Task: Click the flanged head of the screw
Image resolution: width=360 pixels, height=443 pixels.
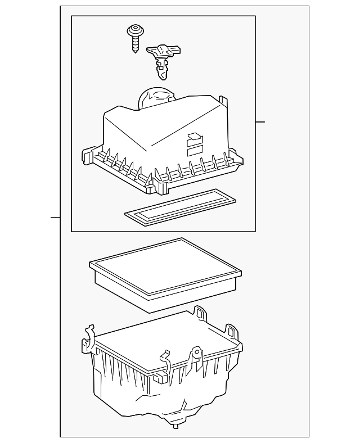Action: click(x=134, y=29)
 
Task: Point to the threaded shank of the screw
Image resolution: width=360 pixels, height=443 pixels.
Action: click(x=135, y=42)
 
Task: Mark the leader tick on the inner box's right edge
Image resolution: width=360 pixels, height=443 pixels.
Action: click(x=260, y=122)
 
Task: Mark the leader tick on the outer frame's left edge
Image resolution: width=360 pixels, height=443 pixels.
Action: click(x=55, y=218)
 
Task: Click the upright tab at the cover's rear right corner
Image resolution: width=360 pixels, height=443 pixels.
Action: click(x=224, y=103)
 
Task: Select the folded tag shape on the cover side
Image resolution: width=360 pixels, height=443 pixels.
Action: click(x=195, y=136)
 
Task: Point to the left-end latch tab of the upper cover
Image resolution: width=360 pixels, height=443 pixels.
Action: click(x=87, y=155)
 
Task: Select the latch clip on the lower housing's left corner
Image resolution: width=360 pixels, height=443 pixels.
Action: click(x=88, y=341)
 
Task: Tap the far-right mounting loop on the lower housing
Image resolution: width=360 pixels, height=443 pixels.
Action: click(x=232, y=331)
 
